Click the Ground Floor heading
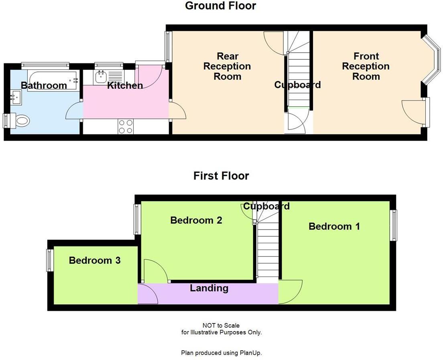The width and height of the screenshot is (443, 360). tap(220, 6)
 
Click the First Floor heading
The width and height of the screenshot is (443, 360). tap(221, 176)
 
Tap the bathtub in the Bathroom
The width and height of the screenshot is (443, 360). tap(52, 81)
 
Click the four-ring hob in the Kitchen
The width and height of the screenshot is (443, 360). tap(126, 127)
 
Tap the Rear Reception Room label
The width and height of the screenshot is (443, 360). tap(227, 66)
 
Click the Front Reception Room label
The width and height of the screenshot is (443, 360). tap(366, 66)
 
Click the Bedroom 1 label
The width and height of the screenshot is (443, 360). tap(334, 226)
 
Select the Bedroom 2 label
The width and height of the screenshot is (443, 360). tap(196, 220)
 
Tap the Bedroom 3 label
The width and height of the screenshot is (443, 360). tap(95, 260)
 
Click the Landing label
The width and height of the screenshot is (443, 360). tap(209, 288)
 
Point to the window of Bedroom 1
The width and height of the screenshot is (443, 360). tap(394, 225)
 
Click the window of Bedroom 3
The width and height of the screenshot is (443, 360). tap(50, 260)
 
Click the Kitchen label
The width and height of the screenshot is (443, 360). tap(125, 85)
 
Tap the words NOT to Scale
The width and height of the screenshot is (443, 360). tap(221, 325)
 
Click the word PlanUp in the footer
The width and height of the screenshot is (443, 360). tap(251, 353)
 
